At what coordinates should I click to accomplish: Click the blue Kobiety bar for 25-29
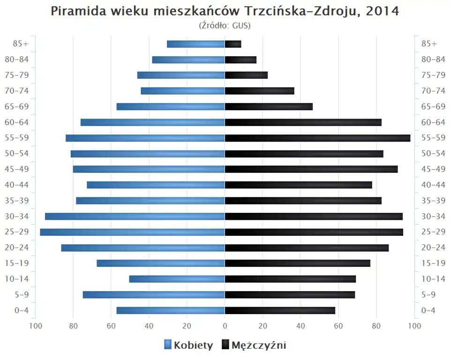pyautogui.click(x=132, y=232)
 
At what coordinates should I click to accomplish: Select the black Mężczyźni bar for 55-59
pyautogui.click(x=317, y=138)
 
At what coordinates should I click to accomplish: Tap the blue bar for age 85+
pyautogui.click(x=196, y=44)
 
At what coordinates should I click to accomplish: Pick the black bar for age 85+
pyautogui.click(x=233, y=44)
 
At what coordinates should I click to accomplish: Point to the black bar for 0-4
pyautogui.click(x=280, y=310)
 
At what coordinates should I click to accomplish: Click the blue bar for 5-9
pyautogui.click(x=154, y=294)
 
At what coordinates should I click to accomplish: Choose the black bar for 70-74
pyautogui.click(x=260, y=91)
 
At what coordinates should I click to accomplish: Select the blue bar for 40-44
pyautogui.click(x=156, y=185)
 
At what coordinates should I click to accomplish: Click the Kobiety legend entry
pyautogui.click(x=188, y=345)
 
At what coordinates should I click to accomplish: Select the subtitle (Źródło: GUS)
pyautogui.click(x=225, y=26)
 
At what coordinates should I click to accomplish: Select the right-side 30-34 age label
pyautogui.click(x=433, y=216)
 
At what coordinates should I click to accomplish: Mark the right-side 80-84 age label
pyautogui.click(x=433, y=60)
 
